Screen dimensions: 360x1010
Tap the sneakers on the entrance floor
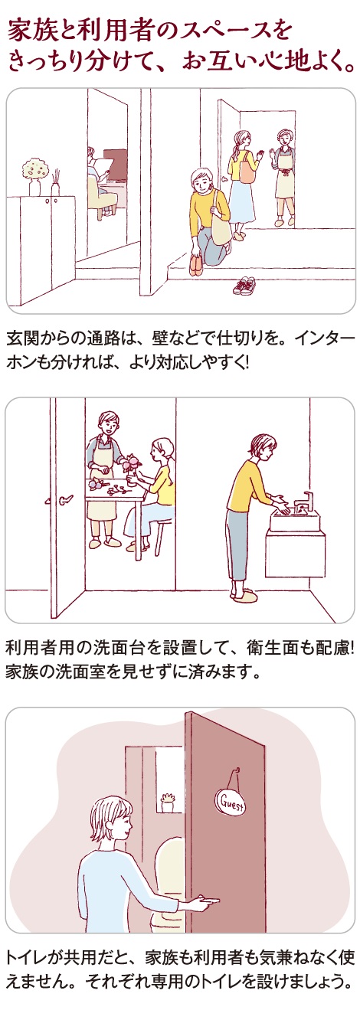(244, 286)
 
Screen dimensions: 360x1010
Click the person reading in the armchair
(99, 179)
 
